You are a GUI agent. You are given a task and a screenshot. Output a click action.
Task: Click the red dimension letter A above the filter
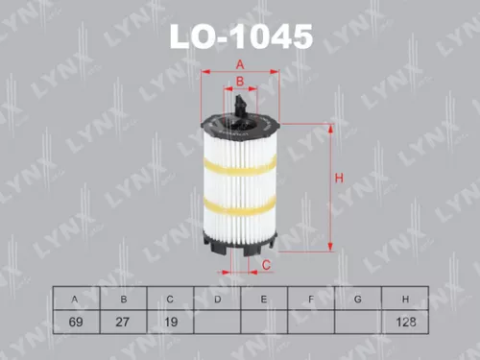point(239,64)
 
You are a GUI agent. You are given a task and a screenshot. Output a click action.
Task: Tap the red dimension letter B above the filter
point(239,83)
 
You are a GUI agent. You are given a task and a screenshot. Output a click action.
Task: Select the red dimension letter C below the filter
point(266,265)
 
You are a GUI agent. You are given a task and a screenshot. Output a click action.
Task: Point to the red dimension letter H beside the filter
point(339,178)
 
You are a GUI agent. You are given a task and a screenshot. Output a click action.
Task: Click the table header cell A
point(74,300)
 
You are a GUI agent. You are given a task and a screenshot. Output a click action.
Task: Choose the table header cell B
point(121,300)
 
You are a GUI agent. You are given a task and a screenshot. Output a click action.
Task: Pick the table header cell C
point(169,300)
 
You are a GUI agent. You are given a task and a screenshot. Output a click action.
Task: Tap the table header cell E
point(263,300)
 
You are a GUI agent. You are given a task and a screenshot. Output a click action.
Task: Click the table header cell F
point(310,300)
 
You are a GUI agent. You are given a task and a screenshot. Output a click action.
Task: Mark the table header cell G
point(357,300)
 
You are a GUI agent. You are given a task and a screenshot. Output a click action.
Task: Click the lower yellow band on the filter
point(240,207)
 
